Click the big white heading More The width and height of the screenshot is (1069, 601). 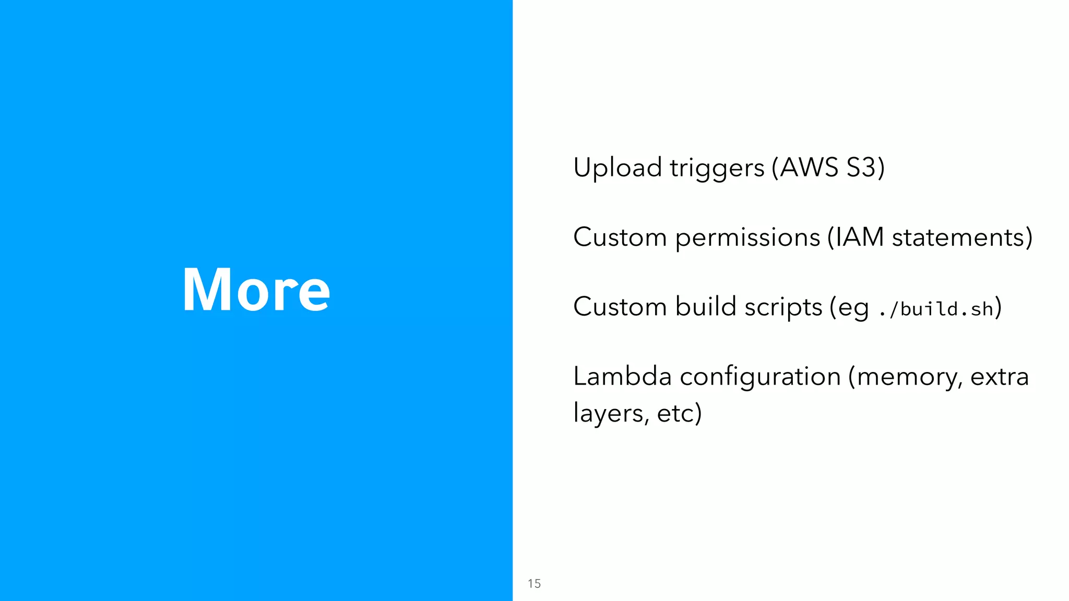coord(256,290)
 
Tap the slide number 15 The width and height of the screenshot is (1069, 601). coord(534,583)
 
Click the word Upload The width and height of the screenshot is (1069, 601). coord(617,168)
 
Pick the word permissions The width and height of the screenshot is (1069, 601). coord(747,238)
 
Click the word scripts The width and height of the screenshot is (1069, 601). coord(783,307)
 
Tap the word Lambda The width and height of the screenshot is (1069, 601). coord(622,376)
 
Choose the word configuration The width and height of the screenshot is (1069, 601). coord(760,377)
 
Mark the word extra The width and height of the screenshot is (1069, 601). coord(999,377)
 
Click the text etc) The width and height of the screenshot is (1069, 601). coord(679,414)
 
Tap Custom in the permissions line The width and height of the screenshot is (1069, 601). coord(620,237)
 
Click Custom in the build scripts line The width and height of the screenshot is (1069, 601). coord(620,307)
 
